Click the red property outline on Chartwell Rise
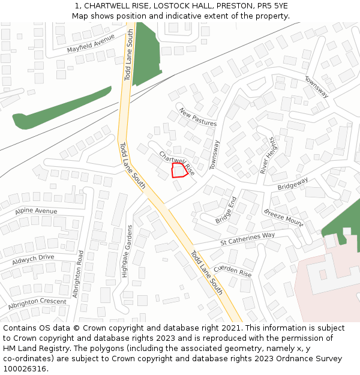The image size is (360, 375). click(x=178, y=170)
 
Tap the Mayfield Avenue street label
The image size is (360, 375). click(x=91, y=44)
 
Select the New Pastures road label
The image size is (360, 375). click(x=197, y=117)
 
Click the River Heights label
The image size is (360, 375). click(x=267, y=155)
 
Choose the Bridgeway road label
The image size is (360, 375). click(x=293, y=184)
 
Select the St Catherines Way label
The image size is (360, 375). click(x=247, y=238)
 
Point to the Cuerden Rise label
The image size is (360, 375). click(x=233, y=271)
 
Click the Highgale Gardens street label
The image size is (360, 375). click(x=126, y=251)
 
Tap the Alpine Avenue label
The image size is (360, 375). click(x=37, y=211)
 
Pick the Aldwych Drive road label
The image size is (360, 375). click(x=34, y=259)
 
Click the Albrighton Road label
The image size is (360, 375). click(x=76, y=274)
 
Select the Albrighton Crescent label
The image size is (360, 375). click(x=37, y=304)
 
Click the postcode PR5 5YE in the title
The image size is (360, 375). click(x=274, y=5)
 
